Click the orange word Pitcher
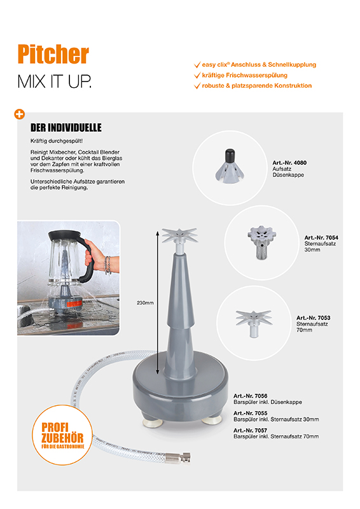coord(53,54)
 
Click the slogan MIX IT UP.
coord(55,81)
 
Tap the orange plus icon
coord(20,115)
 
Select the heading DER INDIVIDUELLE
coord(66,128)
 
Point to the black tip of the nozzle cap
coord(230,155)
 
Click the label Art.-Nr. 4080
coord(289,163)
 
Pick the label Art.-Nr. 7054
coord(321,237)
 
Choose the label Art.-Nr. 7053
coord(314,317)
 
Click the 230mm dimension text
coord(145,303)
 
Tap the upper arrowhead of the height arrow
coord(158,234)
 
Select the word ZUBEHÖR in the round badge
coord(62,438)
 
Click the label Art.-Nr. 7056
coord(250,396)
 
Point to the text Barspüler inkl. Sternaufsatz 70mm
coord(276,436)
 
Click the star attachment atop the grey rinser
coord(179,235)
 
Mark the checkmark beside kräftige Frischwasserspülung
coord(197,75)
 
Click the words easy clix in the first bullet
coord(214,65)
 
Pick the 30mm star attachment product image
coord(261,242)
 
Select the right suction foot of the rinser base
coord(212,421)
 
